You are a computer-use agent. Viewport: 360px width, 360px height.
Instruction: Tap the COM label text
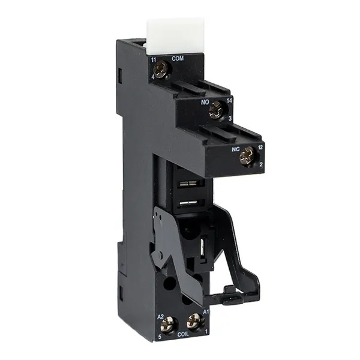pyautogui.click(x=177, y=58)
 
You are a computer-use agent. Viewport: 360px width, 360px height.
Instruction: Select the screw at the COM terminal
pyautogui.click(x=160, y=70)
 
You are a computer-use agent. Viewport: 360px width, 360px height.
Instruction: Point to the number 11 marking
pyautogui.click(x=154, y=60)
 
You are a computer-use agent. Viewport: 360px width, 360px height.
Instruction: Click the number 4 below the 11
pyautogui.click(x=152, y=77)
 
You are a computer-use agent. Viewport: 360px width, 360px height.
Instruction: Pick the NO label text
pyautogui.click(x=205, y=103)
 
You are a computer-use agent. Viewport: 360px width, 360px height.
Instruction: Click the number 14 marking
pyautogui.click(x=230, y=103)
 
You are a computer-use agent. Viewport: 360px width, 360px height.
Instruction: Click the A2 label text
pyautogui.click(x=160, y=316)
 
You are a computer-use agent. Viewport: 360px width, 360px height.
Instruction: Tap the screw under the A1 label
pyautogui.click(x=193, y=320)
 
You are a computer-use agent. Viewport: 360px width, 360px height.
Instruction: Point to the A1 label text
pyautogui.click(x=206, y=312)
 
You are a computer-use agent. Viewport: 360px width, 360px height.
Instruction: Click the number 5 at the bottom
pyautogui.click(x=160, y=337)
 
